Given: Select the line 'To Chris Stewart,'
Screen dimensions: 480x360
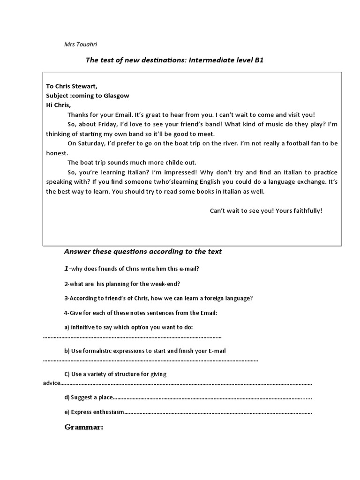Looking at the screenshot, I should [72, 86].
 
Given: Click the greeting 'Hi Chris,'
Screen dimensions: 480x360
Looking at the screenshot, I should [58, 105].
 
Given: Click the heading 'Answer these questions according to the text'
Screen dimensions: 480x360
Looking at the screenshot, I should [142, 252].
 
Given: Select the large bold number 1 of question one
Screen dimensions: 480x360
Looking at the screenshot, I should [67, 268].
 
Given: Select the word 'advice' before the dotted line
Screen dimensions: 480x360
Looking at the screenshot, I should [51, 383].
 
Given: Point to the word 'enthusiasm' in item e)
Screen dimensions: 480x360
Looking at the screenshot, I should [110, 412].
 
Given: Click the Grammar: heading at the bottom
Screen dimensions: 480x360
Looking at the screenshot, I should [83, 427].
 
